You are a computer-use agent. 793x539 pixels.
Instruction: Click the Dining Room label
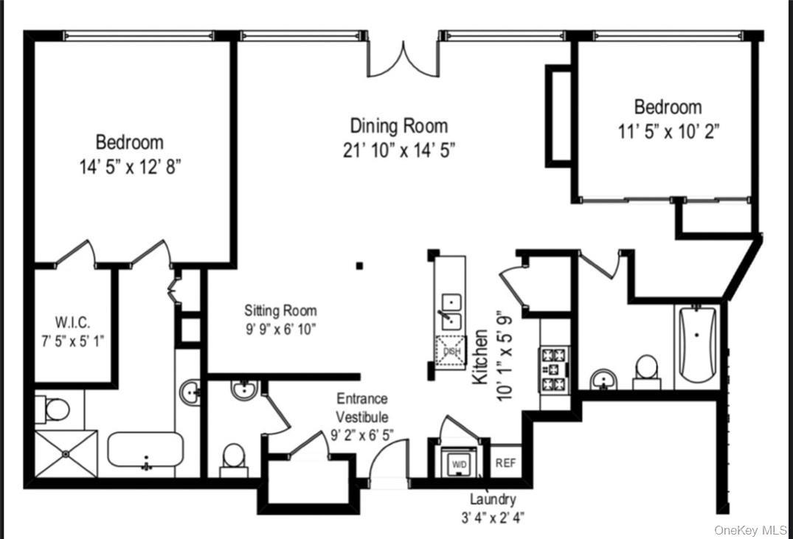(398, 125)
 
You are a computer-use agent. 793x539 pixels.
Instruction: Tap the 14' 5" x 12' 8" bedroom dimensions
(130, 167)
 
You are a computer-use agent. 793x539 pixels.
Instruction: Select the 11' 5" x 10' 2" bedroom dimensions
(668, 131)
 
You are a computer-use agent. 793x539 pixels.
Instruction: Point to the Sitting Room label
(280, 310)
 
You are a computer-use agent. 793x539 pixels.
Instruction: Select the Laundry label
(492, 499)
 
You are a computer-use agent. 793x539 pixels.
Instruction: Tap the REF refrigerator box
(505, 463)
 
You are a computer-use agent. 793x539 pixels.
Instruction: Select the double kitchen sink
(451, 312)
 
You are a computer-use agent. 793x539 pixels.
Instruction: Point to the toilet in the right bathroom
(646, 370)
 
